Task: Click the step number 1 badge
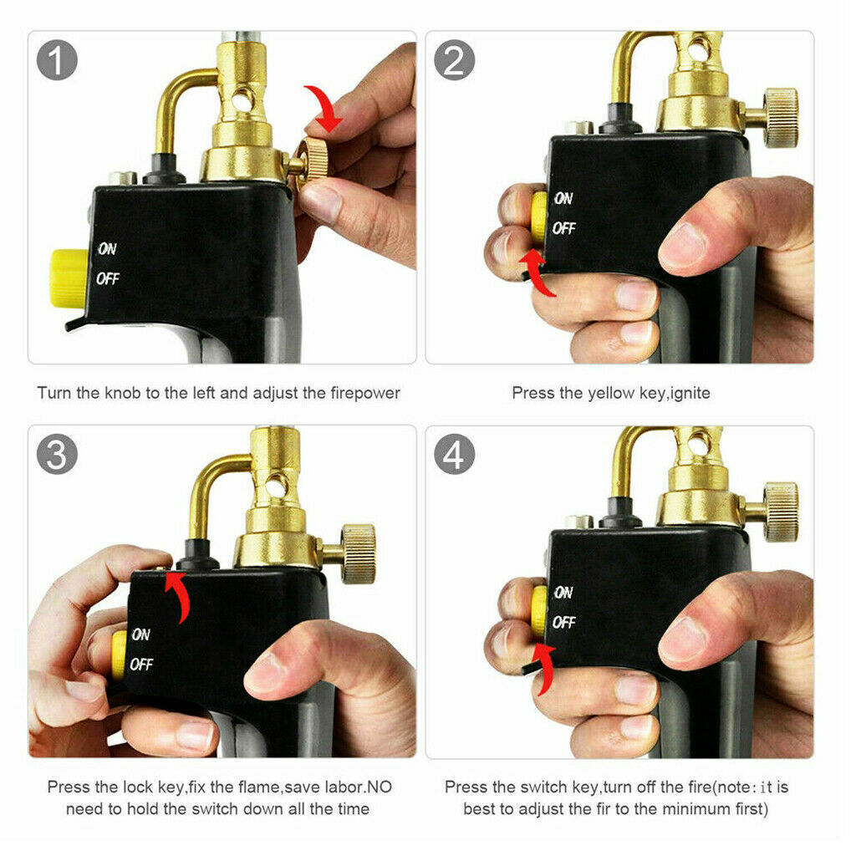click(58, 61)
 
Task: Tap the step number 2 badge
click(456, 61)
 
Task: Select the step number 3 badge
click(58, 456)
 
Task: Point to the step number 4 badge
click(456, 456)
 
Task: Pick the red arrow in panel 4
click(544, 669)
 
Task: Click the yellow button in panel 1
click(68, 277)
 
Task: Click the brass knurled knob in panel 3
click(358, 553)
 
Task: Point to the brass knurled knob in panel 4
click(780, 511)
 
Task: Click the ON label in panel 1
click(107, 249)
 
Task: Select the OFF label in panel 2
click(564, 228)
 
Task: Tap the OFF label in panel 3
click(141, 665)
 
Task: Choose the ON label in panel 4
click(563, 593)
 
